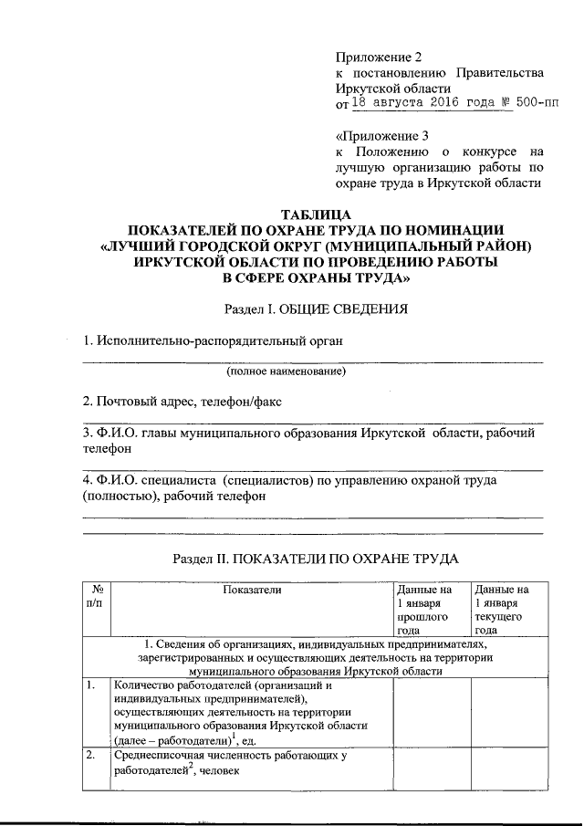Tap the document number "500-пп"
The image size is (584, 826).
click(536, 104)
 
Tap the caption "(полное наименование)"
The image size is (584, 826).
click(286, 372)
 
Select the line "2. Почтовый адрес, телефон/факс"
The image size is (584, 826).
click(183, 401)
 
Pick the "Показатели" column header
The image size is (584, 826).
click(252, 591)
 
